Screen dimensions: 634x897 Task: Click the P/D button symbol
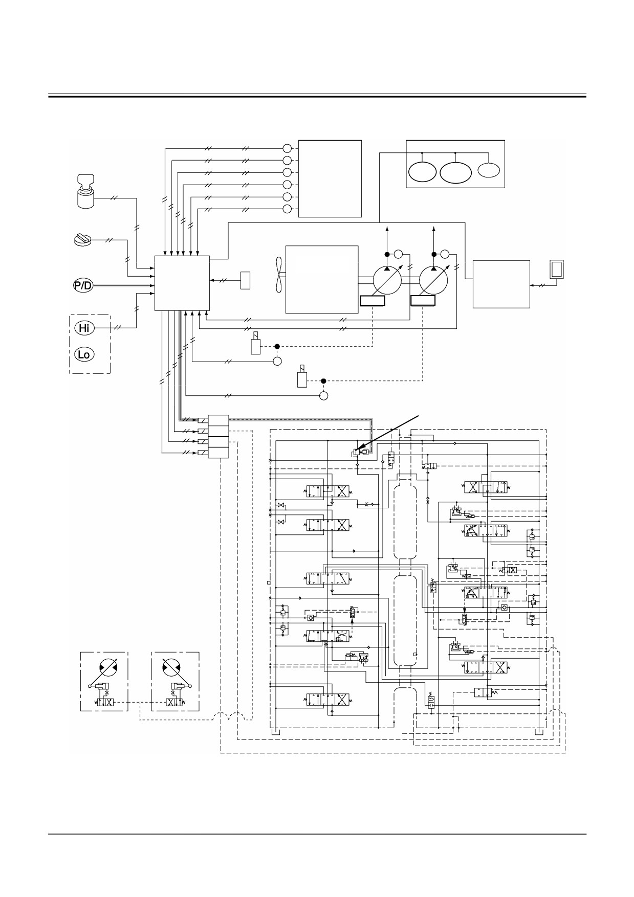(x=83, y=285)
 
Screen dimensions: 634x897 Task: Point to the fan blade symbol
(x=278, y=279)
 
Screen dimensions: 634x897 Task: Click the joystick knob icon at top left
(x=86, y=191)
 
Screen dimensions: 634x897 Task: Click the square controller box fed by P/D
(x=182, y=283)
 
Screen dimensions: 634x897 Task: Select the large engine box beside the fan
(x=322, y=279)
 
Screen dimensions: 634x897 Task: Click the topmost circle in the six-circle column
(x=287, y=148)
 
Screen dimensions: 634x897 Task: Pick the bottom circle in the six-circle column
(x=287, y=209)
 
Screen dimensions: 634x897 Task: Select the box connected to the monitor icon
(x=501, y=284)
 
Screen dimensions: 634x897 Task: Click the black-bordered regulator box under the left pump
(x=373, y=301)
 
